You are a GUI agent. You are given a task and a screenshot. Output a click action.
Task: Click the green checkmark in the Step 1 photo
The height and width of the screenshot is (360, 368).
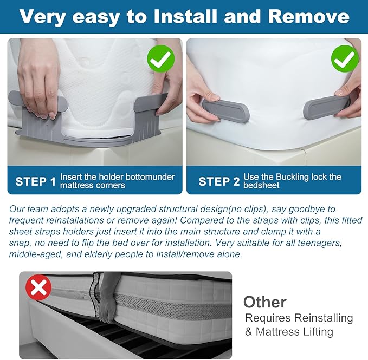[161, 59]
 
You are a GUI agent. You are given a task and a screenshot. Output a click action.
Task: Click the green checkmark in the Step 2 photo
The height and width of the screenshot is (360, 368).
[345, 59]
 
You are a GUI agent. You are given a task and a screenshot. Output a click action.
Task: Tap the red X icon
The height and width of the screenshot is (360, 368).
[38, 287]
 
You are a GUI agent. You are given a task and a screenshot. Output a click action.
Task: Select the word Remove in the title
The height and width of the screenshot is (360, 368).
[308, 16]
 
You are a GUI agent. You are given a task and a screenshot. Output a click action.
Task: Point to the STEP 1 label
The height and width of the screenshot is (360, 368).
[36, 182]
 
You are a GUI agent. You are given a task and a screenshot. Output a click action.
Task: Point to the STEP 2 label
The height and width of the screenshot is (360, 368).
[219, 182]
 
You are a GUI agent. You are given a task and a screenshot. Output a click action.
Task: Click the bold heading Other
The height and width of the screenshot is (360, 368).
[265, 302]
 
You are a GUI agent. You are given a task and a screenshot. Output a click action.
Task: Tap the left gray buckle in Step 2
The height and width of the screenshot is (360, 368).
[225, 110]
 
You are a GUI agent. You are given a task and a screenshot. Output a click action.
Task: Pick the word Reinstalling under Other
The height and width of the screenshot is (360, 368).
[324, 318]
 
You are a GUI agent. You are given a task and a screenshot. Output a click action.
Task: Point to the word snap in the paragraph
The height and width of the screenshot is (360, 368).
[20, 244]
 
